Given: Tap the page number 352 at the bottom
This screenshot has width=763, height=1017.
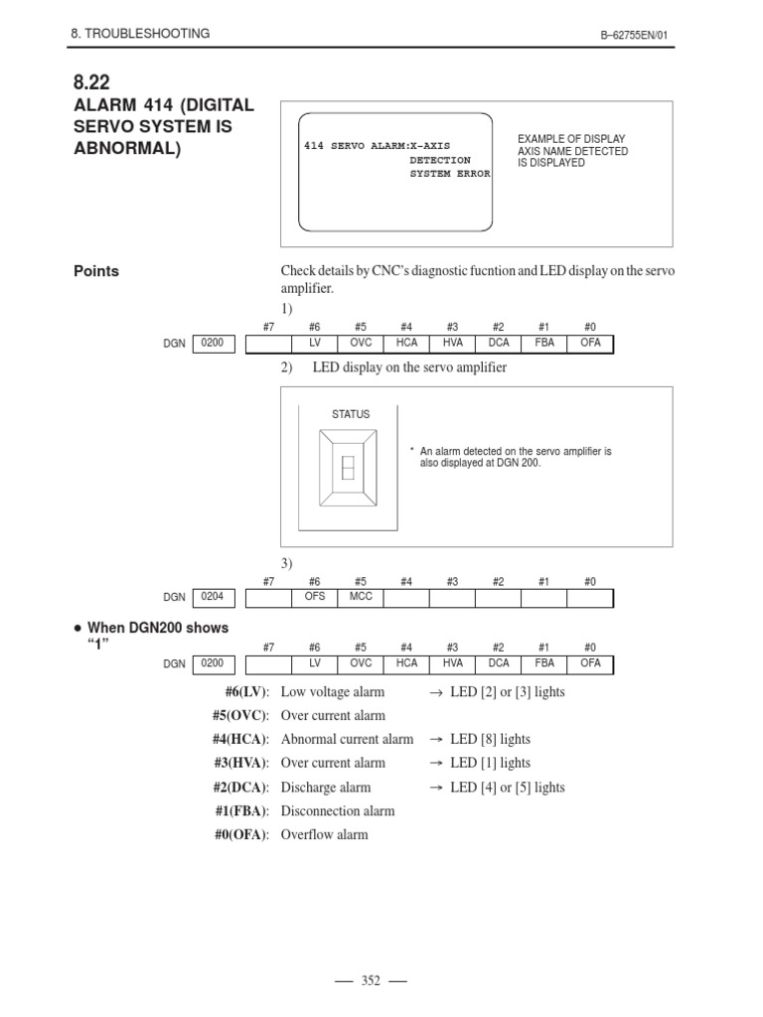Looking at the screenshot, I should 371,980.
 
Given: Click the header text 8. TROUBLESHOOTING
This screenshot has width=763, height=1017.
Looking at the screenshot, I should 140,33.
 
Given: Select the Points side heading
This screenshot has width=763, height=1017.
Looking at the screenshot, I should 97,271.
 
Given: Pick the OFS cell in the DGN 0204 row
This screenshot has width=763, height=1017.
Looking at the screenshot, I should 314,598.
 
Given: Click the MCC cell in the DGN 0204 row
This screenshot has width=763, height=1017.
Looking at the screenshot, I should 360,598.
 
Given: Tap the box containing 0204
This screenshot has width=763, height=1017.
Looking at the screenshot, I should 213,598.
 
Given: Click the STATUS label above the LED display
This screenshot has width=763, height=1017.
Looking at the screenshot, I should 350,414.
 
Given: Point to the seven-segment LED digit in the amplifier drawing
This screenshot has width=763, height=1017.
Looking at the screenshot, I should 348,468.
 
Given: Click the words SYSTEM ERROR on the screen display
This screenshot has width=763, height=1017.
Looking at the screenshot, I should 450,174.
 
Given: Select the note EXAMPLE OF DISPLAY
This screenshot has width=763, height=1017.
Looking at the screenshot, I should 572,139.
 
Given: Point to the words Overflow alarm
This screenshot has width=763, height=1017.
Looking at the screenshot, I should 324,834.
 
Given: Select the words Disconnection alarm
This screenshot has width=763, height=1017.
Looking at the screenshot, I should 338,810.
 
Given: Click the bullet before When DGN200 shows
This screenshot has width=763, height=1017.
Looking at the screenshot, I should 76,629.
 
